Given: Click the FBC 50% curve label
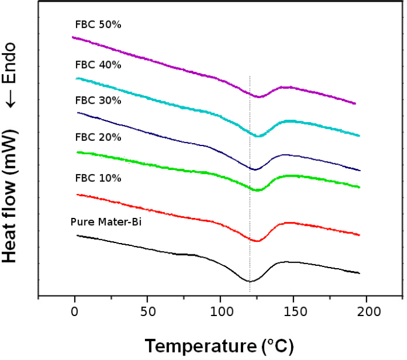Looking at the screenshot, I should coord(98,25).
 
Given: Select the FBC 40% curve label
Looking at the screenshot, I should coord(98,64).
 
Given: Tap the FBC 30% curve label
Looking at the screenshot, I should coord(98,100).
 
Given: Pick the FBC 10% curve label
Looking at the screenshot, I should coord(98,178).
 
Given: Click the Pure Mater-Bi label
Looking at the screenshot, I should coord(106,222).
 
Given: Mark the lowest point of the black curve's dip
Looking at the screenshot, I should coord(249,281).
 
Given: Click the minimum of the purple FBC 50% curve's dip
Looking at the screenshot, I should coord(259,96).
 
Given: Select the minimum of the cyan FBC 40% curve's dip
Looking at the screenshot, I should coord(257,136).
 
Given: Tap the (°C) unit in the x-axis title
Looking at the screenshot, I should coord(277,346).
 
